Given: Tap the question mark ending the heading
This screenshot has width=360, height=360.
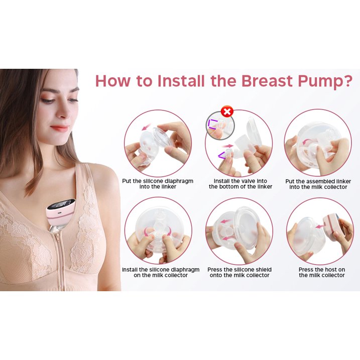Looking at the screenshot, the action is click(x=347, y=81).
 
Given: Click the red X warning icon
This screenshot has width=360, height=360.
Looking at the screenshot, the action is click(x=227, y=112).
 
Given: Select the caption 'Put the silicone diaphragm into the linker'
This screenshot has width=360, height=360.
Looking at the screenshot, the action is click(x=158, y=184).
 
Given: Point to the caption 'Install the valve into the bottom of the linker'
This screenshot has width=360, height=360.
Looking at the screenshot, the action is click(x=241, y=184).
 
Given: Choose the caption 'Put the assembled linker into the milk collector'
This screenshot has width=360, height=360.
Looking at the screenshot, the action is click(x=318, y=184).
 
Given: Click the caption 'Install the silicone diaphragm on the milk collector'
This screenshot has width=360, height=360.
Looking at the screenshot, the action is click(x=161, y=272).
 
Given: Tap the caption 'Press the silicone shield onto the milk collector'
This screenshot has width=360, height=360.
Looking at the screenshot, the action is click(x=239, y=272).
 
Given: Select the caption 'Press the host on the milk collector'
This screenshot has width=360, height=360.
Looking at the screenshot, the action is click(x=322, y=272).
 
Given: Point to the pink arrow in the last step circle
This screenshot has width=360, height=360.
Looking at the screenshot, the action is click(x=321, y=226).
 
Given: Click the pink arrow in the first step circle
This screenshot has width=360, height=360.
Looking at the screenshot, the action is click(x=146, y=127).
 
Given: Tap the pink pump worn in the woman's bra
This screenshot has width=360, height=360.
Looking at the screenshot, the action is click(x=61, y=213).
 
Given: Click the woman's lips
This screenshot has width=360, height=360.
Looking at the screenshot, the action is click(x=59, y=128).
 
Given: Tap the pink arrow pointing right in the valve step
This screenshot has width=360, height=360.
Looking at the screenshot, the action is click(x=228, y=146).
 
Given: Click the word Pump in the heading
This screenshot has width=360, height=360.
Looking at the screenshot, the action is click(x=319, y=81).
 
